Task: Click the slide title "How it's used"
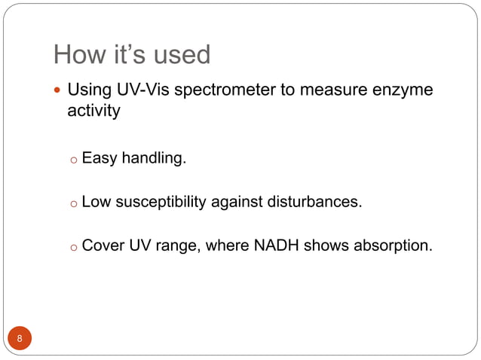[x=131, y=54]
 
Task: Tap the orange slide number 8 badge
[x=20, y=338]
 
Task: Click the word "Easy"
[x=98, y=159]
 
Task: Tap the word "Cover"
[x=103, y=244]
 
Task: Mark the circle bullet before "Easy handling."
[x=73, y=160]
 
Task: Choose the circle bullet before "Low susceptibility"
[x=73, y=203]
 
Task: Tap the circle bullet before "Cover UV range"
[x=73, y=246]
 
